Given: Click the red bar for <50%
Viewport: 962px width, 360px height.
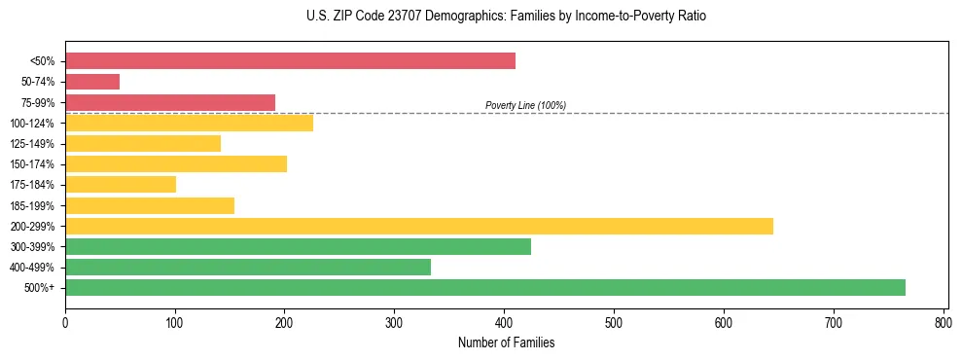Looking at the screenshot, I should [290, 61].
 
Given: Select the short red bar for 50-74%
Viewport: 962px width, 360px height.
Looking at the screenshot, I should [92, 82].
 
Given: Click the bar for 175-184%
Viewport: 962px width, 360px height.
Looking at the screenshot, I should [121, 184].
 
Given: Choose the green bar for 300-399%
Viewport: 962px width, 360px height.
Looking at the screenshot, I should [298, 246].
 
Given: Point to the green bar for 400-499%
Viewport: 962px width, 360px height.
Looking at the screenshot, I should [248, 267].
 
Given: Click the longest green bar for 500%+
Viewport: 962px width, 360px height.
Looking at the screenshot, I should [485, 287].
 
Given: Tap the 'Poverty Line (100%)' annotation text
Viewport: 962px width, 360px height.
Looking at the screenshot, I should [525, 105].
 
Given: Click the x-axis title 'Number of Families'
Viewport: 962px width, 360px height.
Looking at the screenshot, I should [506, 342].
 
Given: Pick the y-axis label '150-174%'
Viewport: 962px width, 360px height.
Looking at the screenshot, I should [32, 164].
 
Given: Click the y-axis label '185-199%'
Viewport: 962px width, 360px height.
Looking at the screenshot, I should [32, 205].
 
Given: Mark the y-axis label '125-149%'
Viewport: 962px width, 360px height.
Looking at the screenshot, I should [32, 144].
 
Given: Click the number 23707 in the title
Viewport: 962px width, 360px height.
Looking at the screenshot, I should [397, 17].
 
